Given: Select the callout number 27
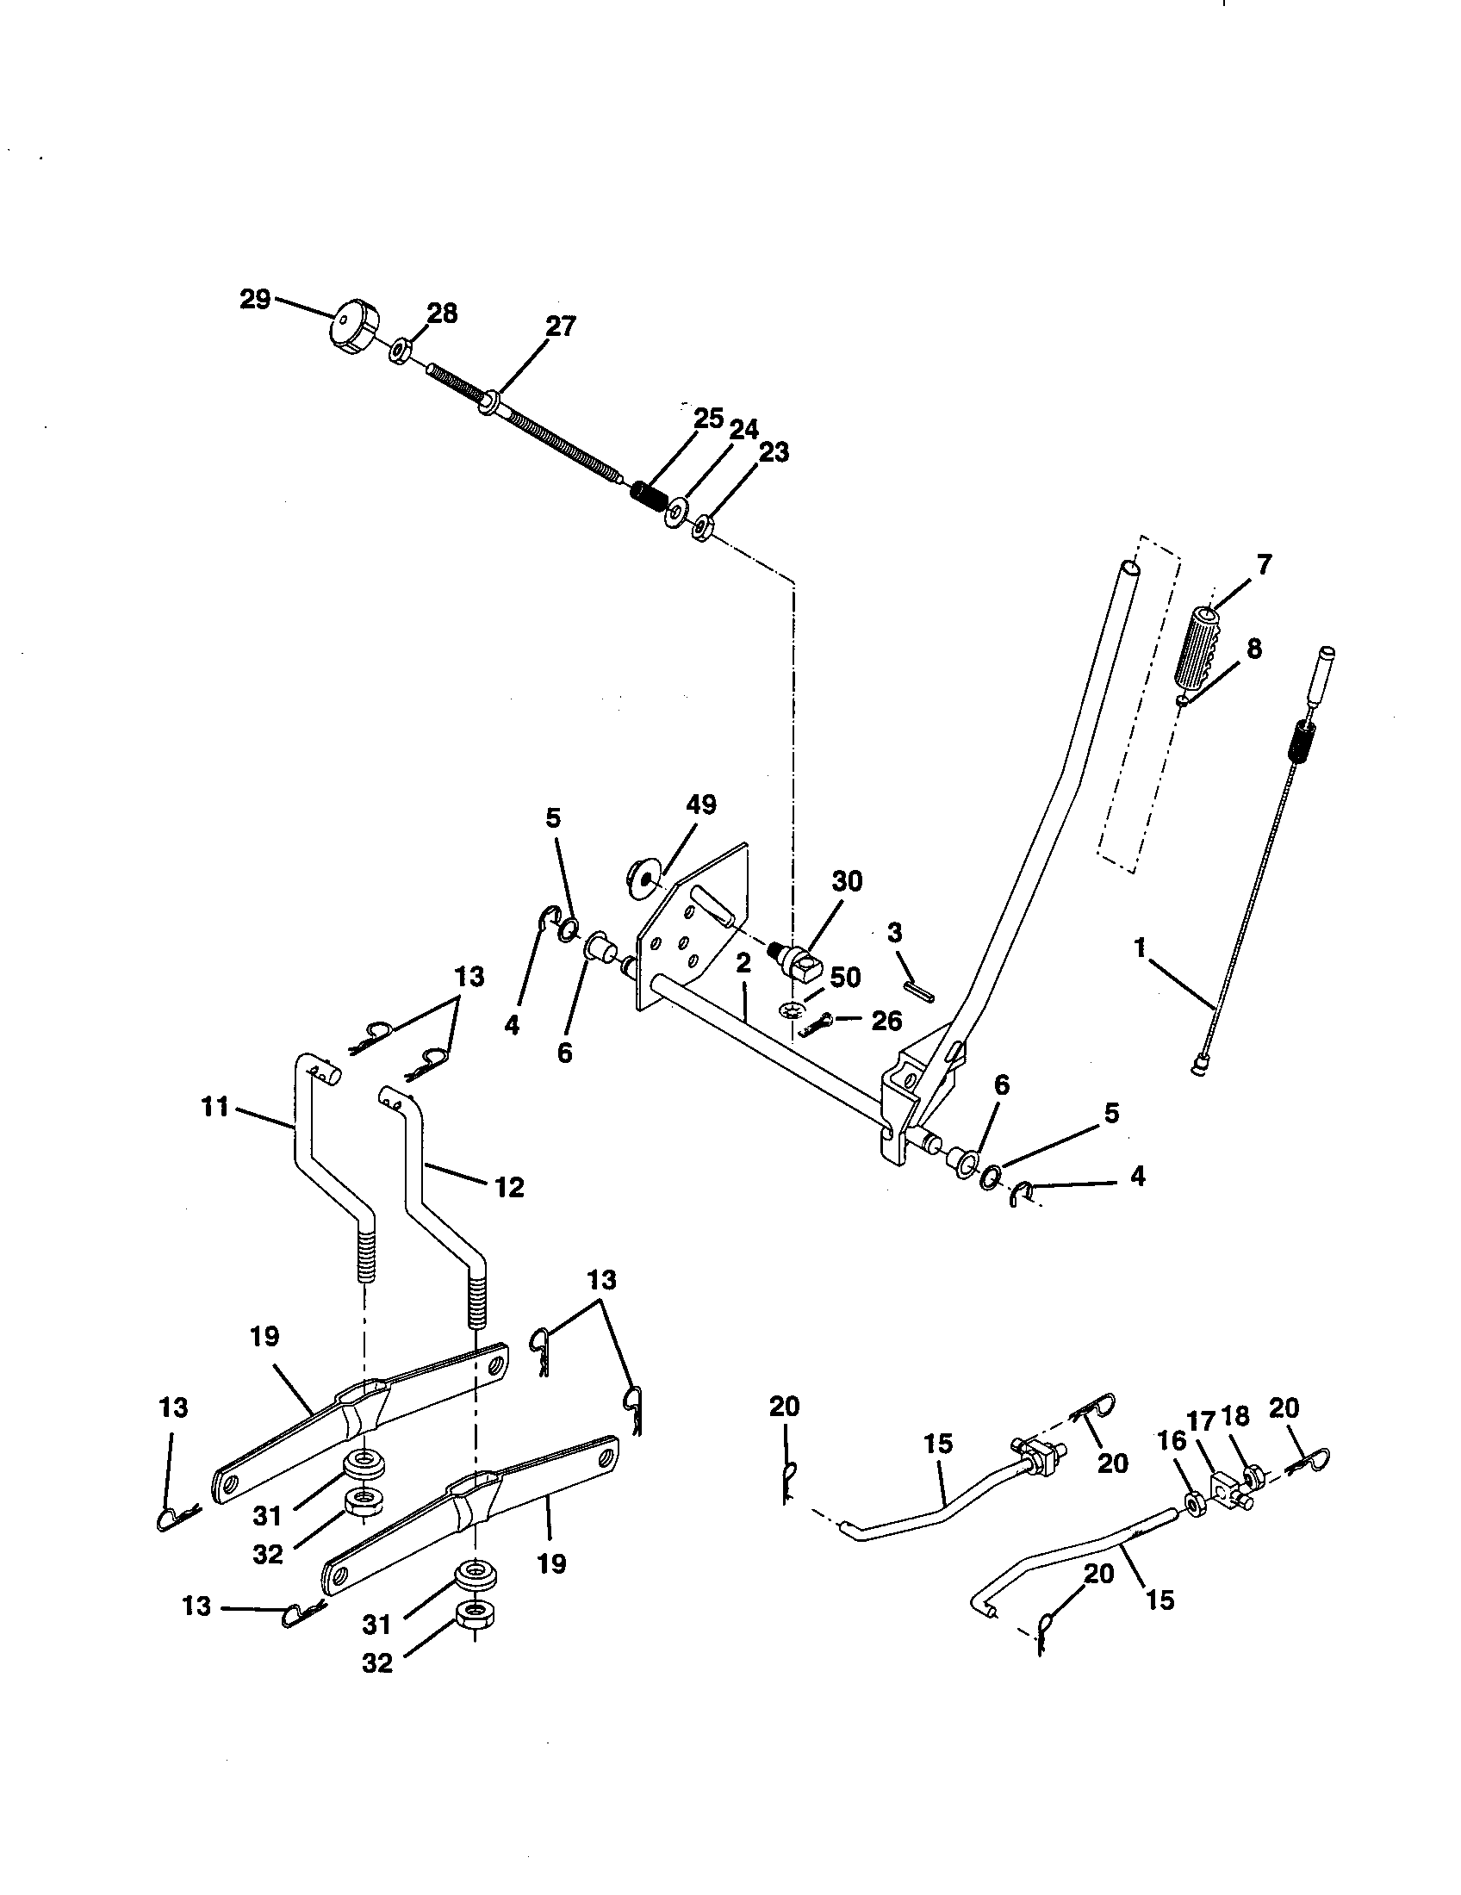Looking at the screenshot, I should [x=561, y=327].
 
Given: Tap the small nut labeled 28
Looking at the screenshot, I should [x=399, y=352].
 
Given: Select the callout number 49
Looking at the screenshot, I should [x=701, y=805].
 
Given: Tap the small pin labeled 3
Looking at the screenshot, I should [x=919, y=990].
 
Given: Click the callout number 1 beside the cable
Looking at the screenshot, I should [x=1140, y=947].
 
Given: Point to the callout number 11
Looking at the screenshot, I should [x=215, y=1107].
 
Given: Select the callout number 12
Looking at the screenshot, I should [x=509, y=1187].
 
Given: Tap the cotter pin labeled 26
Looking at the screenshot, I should [x=819, y=1027].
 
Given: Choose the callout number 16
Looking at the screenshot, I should [x=1171, y=1441].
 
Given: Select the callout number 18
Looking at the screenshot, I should [x=1234, y=1417].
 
